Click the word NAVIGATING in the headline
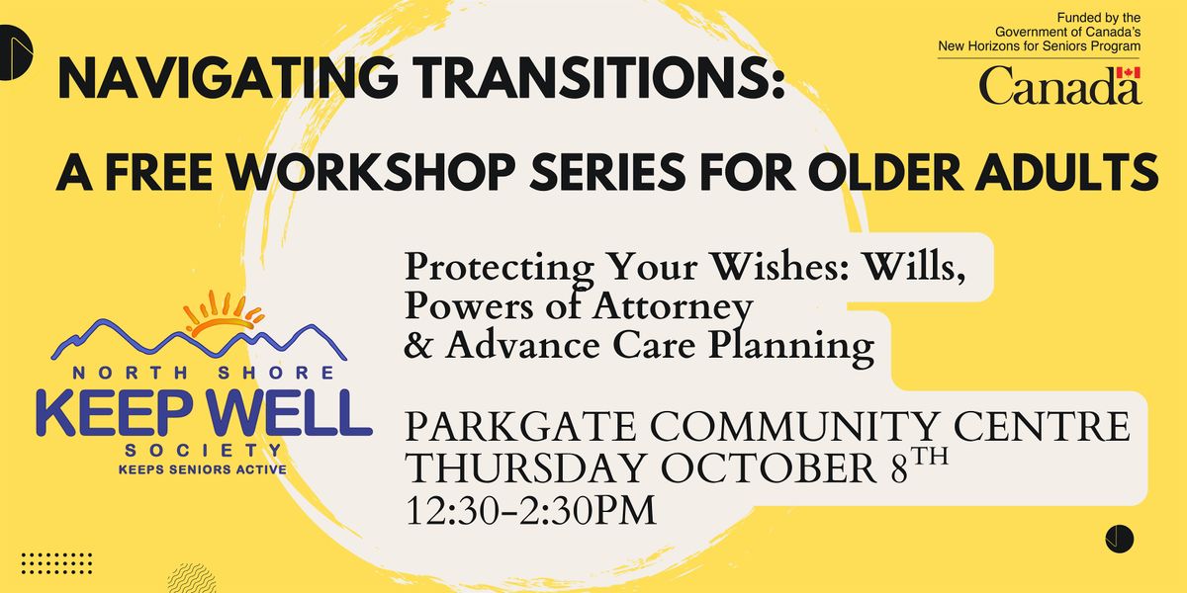click(x=228, y=78)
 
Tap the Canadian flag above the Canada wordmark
click(x=1129, y=73)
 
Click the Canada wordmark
click(x=1059, y=85)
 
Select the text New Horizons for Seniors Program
click(x=1040, y=46)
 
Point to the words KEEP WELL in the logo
click(x=204, y=413)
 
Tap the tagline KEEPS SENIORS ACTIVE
click(x=203, y=469)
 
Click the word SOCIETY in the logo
click(x=203, y=451)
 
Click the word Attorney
click(x=673, y=306)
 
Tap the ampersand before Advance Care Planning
click(x=418, y=346)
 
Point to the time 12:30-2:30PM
click(x=530, y=510)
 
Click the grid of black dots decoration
click(x=56, y=563)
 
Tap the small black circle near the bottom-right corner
click(x=1120, y=540)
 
